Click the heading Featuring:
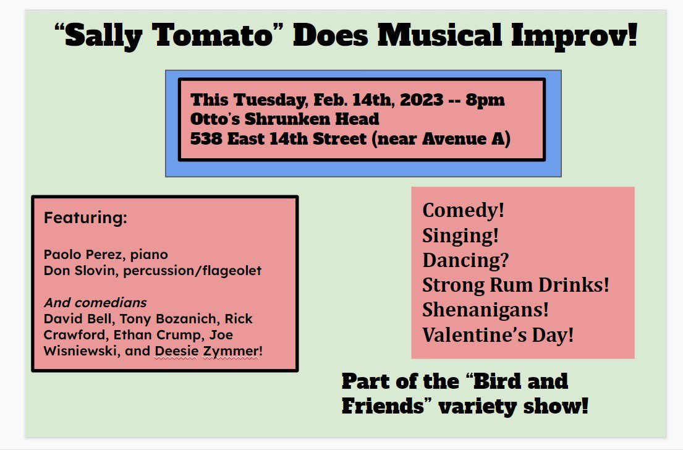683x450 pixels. (85, 218)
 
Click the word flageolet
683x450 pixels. (235, 271)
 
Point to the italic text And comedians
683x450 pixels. (95, 303)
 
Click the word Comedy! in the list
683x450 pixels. (464, 210)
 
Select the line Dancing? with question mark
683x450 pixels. (465, 260)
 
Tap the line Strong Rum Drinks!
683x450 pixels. (516, 285)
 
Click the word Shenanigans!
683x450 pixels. (486, 310)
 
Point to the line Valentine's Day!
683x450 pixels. (498, 336)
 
